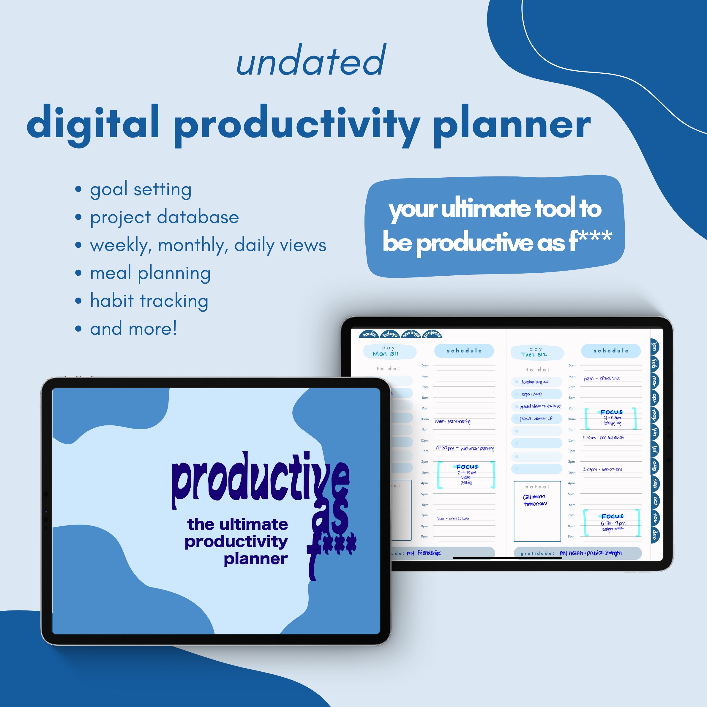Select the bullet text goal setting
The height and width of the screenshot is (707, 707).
pos(141,190)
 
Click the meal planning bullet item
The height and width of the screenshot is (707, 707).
pos(150,273)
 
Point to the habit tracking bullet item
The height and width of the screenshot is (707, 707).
pos(149,301)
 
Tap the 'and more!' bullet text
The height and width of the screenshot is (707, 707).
pos(134,329)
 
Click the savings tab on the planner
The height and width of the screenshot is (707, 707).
pos(411,334)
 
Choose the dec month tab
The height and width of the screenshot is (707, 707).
pos(654,535)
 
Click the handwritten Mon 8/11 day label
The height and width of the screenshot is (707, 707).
pos(385,354)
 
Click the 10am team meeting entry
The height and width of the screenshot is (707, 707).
pos(452,422)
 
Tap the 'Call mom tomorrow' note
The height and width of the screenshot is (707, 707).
pos(535,500)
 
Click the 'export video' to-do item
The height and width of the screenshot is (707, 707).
pos(532,394)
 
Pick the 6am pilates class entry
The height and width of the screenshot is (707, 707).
pos(602,379)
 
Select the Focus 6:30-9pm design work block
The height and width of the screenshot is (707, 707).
pos(612,523)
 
